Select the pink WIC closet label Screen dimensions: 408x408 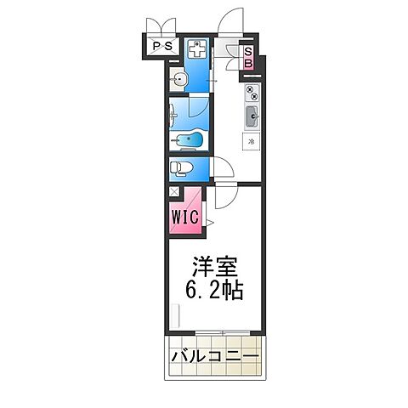(185, 218)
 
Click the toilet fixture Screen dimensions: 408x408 (180, 167)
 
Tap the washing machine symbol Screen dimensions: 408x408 (196, 48)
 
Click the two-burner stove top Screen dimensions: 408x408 (252, 92)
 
